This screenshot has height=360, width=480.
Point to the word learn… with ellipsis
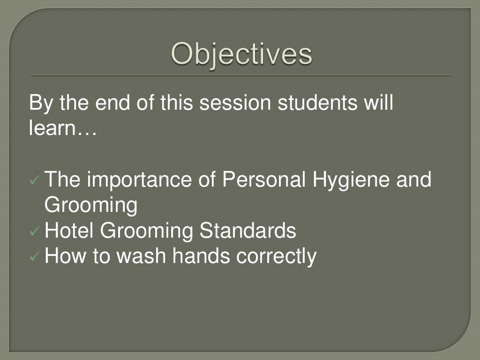62,127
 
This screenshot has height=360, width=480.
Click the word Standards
248,231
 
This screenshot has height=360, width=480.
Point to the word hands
202,256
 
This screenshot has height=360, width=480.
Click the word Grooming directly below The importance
91,206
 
